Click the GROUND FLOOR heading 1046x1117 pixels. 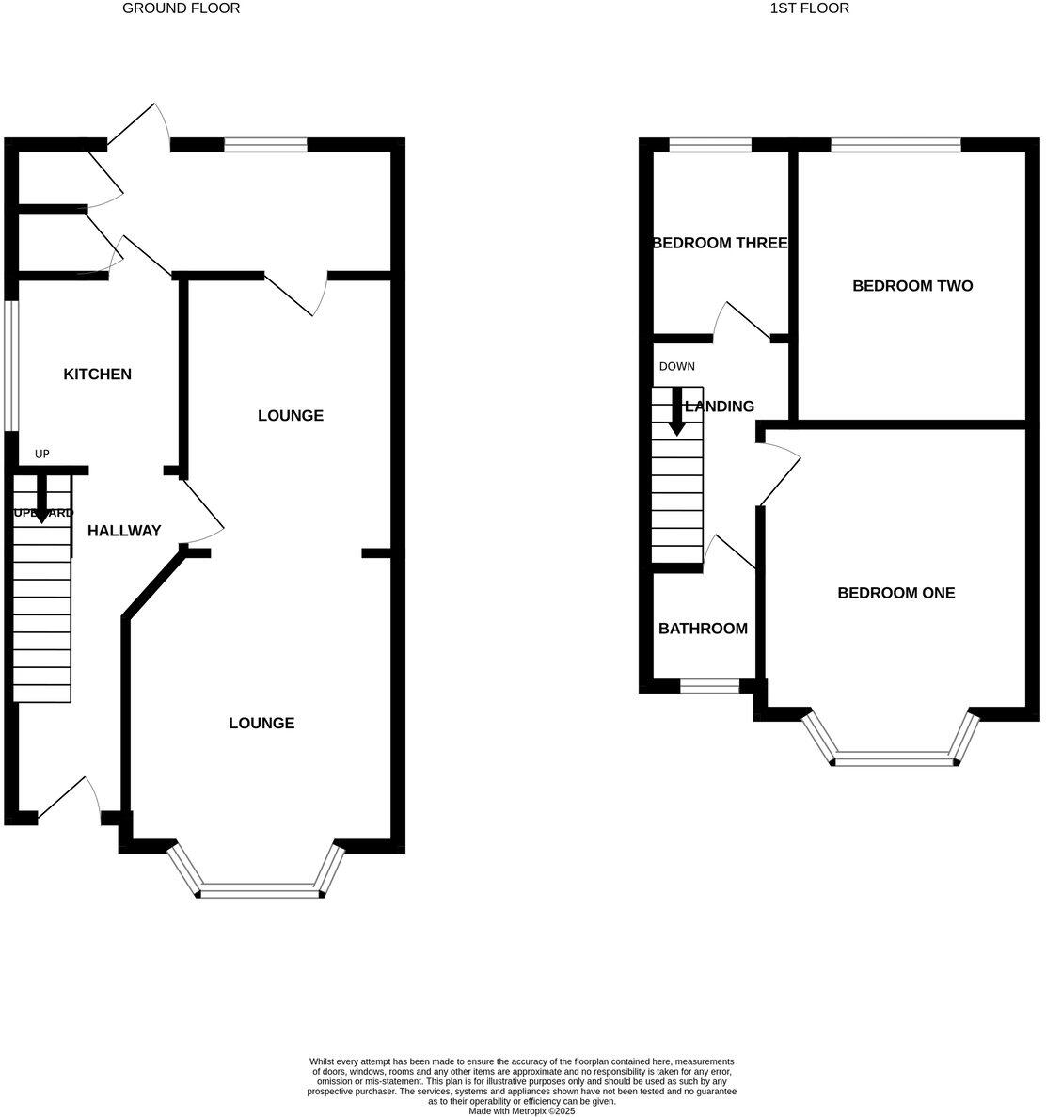click(x=182, y=8)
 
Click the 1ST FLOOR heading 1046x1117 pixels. click(x=809, y=8)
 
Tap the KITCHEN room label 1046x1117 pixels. click(x=97, y=375)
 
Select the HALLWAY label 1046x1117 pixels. click(x=124, y=531)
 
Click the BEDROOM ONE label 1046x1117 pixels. click(x=895, y=593)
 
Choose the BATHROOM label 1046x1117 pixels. click(x=703, y=629)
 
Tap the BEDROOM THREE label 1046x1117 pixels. click(x=720, y=243)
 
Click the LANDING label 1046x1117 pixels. click(x=720, y=407)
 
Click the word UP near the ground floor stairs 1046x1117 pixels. click(x=41, y=455)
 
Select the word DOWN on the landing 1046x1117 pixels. click(x=676, y=366)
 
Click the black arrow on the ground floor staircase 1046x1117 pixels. click(x=41, y=498)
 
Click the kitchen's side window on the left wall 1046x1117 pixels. click(x=10, y=365)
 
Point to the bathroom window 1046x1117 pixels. click(x=709, y=687)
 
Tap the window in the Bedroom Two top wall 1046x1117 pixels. click(x=895, y=145)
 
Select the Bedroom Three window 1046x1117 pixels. click(x=710, y=145)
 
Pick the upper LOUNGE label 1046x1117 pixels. click(x=291, y=415)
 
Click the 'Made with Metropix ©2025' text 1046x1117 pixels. click(x=522, y=1110)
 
